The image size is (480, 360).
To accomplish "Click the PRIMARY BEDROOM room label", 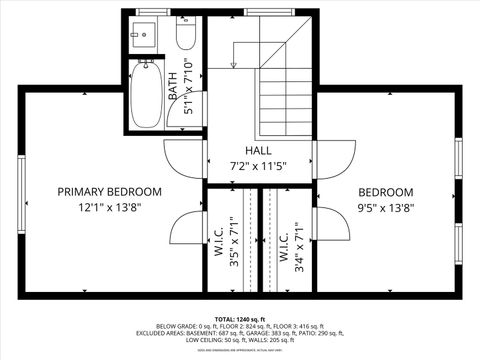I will pyautogui.click(x=109, y=191).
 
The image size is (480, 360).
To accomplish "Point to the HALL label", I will pyautogui.click(x=258, y=150).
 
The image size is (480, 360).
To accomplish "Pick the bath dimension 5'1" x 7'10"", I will pyautogui.click(x=189, y=93).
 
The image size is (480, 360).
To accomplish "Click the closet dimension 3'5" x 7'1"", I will pyautogui.click(x=233, y=246).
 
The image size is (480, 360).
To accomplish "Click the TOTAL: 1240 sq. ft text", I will pyautogui.click(x=240, y=317).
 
